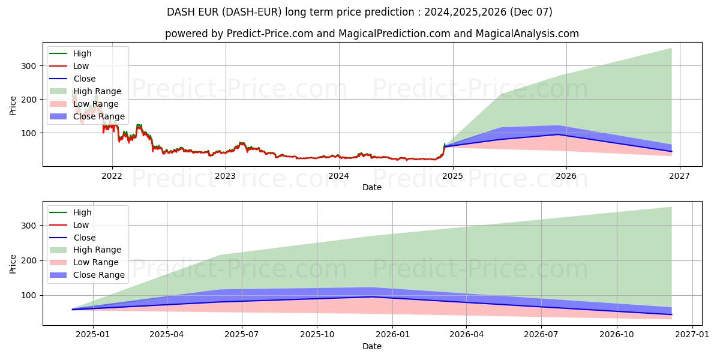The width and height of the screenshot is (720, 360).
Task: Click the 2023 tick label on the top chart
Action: click(226, 176)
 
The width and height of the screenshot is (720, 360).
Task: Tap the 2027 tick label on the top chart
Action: click(679, 176)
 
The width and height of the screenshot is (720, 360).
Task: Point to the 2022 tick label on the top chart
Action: click(112, 176)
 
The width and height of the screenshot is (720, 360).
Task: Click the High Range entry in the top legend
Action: click(97, 91)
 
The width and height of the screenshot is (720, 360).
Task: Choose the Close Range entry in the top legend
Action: click(99, 116)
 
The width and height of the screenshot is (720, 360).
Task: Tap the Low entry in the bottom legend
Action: click(81, 225)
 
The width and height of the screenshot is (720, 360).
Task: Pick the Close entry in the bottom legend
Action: click(84, 238)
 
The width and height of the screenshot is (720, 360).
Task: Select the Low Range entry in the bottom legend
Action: click(95, 262)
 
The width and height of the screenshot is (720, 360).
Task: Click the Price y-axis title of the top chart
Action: click(13, 105)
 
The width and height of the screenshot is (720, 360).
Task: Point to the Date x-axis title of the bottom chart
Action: click(372, 346)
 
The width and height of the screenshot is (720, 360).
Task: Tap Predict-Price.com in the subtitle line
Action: click(270, 34)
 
